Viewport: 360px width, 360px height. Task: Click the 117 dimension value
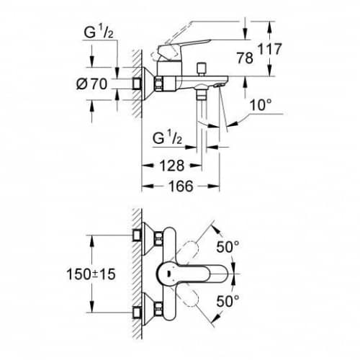[269, 49]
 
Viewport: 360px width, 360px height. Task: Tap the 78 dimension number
[245, 58]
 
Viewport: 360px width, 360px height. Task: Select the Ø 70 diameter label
[91, 84]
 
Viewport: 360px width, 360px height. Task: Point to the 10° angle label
[261, 105]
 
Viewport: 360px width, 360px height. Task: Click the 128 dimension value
[172, 166]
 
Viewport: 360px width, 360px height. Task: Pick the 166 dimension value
[181, 186]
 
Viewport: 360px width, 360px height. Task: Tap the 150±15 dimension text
[91, 274]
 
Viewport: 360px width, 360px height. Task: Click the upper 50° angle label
[228, 247]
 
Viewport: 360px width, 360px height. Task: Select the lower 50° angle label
[228, 301]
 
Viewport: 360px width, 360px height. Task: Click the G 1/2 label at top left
[99, 32]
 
